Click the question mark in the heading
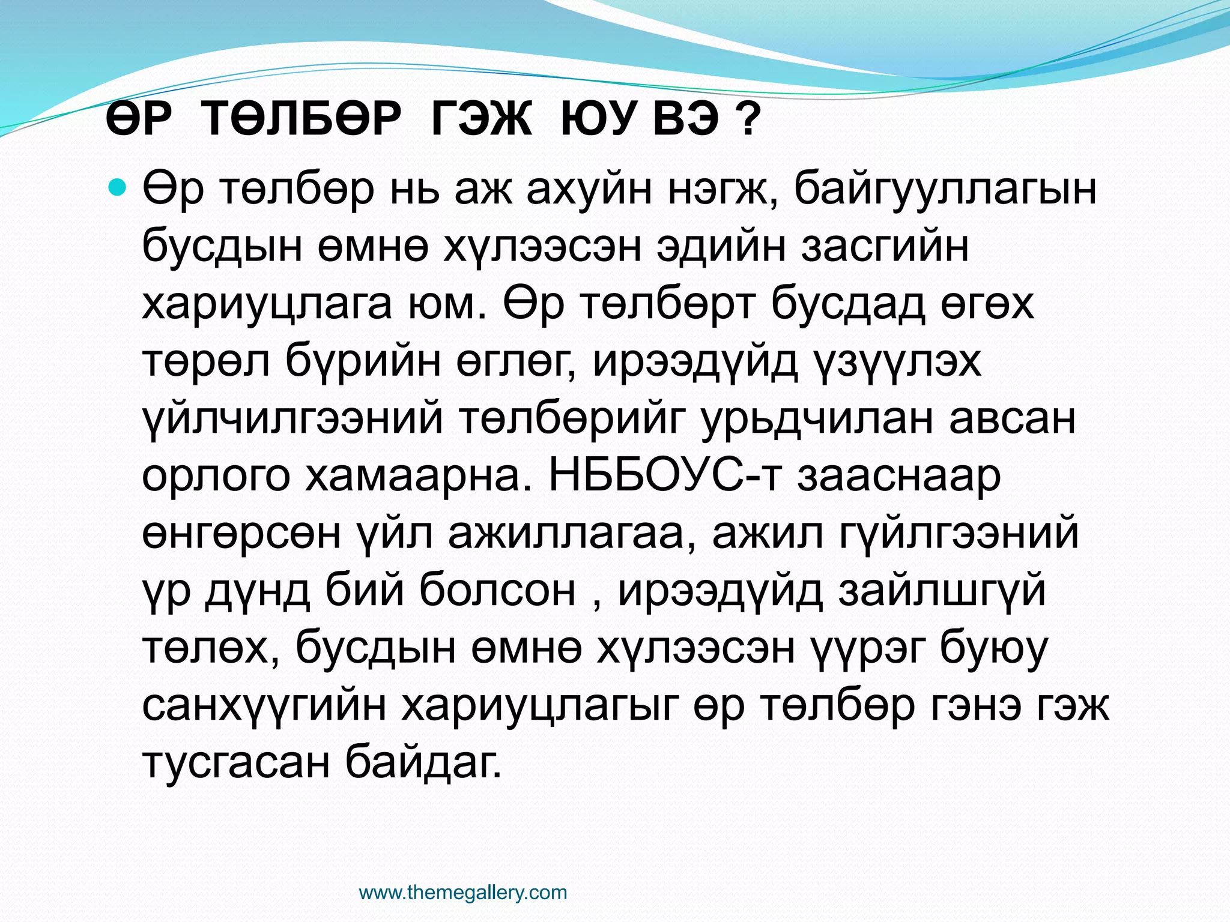[747, 120]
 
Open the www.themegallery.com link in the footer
[462, 893]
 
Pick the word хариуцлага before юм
[267, 305]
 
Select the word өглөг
[516, 362]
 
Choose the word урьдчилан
[817, 420]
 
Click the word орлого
[216, 477]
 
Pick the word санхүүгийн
[264, 708]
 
